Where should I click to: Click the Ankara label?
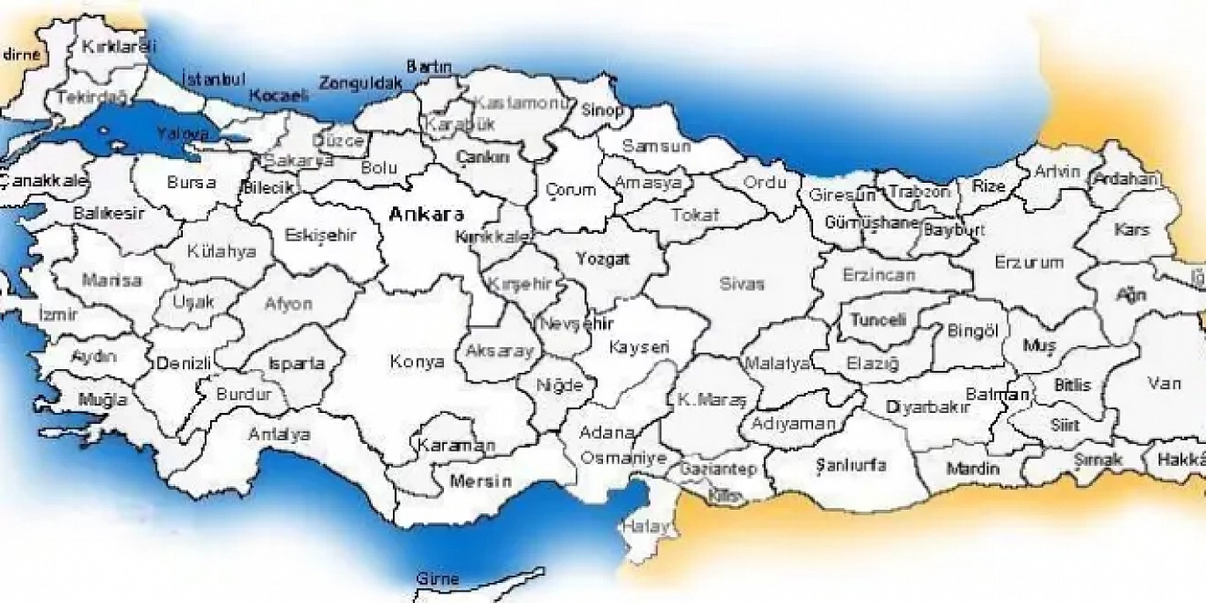(426, 214)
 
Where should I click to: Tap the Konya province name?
(417, 361)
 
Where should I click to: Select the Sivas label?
(741, 283)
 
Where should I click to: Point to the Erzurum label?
(1028, 262)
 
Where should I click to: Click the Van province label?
(1164, 383)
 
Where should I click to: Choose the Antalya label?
(279, 434)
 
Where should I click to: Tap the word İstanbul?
(214, 79)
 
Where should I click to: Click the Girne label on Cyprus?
(437, 578)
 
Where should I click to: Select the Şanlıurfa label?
(850, 465)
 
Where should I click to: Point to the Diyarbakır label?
(928, 407)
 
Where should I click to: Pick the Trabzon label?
(919, 192)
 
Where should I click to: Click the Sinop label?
(602, 110)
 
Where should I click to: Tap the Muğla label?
(103, 399)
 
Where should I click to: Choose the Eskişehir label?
(320, 235)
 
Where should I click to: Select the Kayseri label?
(639, 347)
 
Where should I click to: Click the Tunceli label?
(878, 320)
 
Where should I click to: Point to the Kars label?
(1131, 229)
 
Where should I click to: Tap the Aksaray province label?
(500, 351)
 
